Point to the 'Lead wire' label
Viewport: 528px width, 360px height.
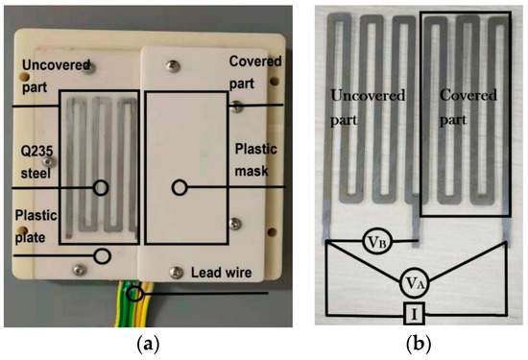tap(216, 274)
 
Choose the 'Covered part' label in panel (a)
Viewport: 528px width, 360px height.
tap(255, 71)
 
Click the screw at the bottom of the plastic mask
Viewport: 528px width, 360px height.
tap(175, 271)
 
